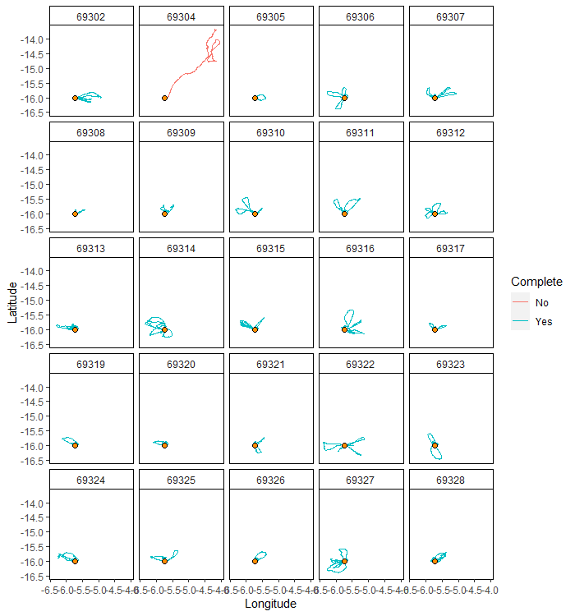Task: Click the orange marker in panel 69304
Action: [x=164, y=98]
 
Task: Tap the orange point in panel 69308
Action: [x=75, y=214]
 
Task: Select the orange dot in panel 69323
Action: [x=435, y=445]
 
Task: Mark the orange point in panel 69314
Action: [x=164, y=329]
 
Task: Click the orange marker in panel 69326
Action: [x=255, y=561]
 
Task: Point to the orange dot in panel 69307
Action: [x=435, y=98]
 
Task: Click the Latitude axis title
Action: [x=12, y=302]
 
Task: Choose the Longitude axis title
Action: [x=270, y=604]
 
